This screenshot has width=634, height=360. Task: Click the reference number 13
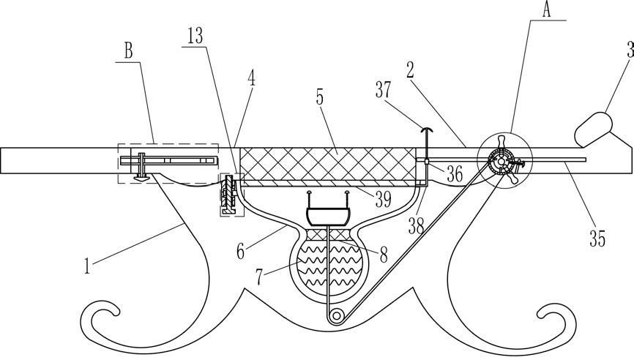(195, 37)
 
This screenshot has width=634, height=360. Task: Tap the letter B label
(129, 52)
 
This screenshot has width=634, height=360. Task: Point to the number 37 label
(384, 90)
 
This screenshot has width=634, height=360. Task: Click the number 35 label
(597, 239)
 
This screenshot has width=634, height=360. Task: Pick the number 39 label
(384, 199)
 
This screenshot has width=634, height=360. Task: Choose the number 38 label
(417, 227)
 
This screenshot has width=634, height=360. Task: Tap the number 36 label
(455, 175)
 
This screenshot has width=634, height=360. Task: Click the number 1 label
(87, 266)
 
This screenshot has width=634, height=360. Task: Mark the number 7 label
(259, 277)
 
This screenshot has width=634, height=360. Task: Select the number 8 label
(384, 255)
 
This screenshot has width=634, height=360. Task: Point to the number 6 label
(241, 251)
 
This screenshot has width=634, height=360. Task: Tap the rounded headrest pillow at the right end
(594, 129)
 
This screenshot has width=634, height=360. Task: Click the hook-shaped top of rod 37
(427, 130)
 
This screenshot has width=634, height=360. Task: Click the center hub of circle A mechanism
(501, 161)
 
